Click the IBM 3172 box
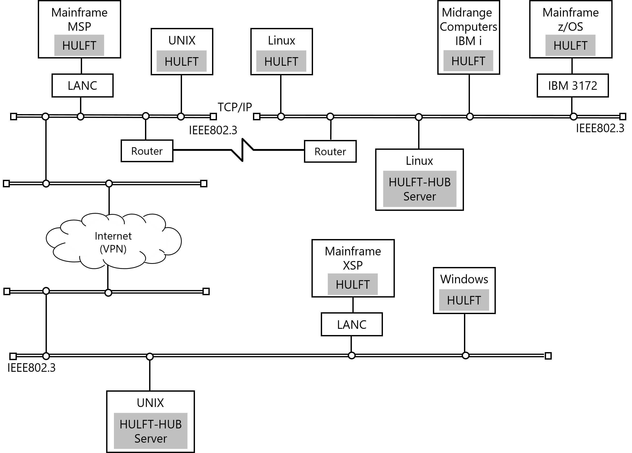[x=573, y=85]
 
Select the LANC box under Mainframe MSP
[x=83, y=85]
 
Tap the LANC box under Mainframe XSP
[x=352, y=324]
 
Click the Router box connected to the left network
[x=147, y=151]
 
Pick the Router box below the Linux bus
[x=330, y=151]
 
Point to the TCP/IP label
[x=235, y=107]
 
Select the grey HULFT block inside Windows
[x=464, y=300]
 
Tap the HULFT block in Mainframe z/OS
[x=570, y=45]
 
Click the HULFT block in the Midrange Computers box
[x=468, y=61]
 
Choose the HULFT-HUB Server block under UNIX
[x=150, y=431]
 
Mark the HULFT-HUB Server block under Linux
[x=420, y=189]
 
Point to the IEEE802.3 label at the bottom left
[x=32, y=368]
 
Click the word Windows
[x=464, y=279]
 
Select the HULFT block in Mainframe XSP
[x=352, y=284]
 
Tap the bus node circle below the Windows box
[x=465, y=355]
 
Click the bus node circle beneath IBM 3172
[x=573, y=116]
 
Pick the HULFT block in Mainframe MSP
[x=79, y=45]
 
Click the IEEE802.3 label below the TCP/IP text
[x=213, y=130]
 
